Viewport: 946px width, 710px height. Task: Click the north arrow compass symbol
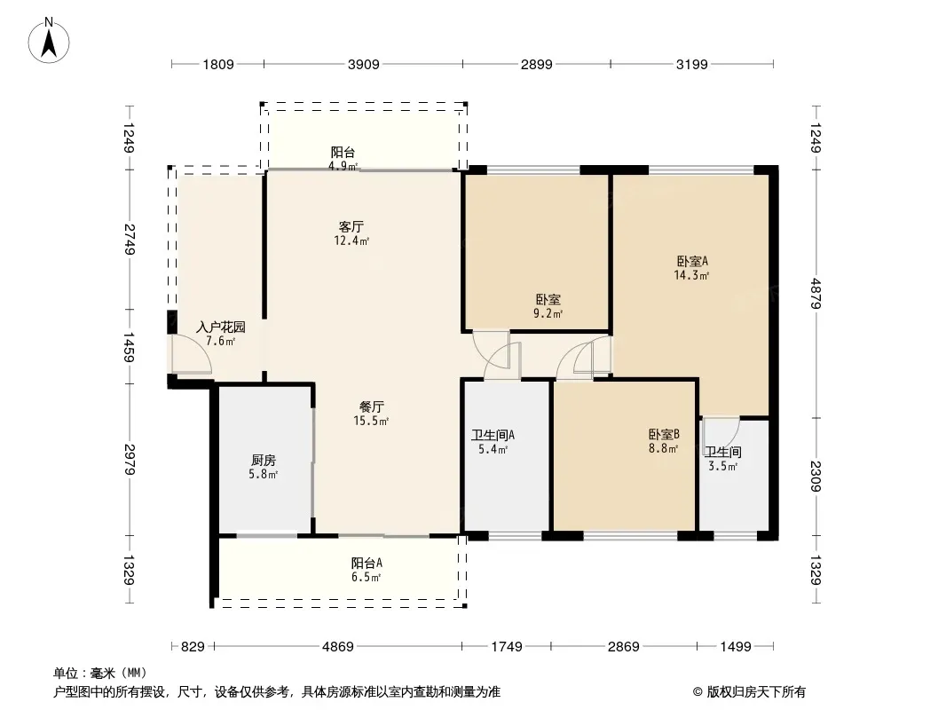(49, 41)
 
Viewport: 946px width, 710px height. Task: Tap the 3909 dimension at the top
(363, 64)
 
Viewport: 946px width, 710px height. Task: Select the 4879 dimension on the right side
(816, 293)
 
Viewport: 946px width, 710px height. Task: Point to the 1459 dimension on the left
(129, 347)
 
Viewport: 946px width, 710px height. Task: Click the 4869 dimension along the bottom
(338, 647)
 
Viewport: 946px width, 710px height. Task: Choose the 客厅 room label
(351, 227)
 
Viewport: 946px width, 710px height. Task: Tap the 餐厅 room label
(371, 407)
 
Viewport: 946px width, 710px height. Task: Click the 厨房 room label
(263, 461)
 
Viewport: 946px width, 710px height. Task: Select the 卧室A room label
(691, 261)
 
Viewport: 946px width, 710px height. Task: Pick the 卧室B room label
(664, 434)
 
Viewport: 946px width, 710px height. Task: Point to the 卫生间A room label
(493, 435)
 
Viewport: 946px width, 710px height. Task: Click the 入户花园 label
(221, 327)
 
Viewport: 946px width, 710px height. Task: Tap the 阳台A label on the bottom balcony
(367, 563)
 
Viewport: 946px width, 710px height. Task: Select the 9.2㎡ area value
(548, 313)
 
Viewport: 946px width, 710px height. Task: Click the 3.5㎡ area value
(722, 466)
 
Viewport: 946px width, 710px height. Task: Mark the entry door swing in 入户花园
(192, 354)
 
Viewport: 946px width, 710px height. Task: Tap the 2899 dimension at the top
(536, 64)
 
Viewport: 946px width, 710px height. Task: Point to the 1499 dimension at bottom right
(736, 647)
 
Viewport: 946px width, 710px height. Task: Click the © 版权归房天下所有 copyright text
(749, 692)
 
